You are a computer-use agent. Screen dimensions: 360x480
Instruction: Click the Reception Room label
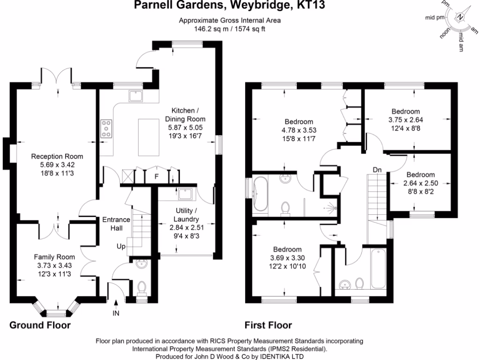(x=57, y=157)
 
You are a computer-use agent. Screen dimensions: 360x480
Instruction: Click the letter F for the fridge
(x=158, y=177)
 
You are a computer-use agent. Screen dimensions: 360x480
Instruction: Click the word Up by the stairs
(x=120, y=246)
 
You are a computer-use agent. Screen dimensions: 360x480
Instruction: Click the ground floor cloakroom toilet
(x=141, y=287)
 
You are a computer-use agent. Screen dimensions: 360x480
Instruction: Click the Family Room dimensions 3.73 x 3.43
(x=54, y=265)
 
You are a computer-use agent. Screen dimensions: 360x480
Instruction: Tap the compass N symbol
(x=460, y=17)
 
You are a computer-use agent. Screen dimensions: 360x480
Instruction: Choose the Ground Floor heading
(x=40, y=325)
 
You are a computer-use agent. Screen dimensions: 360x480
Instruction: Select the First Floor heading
(x=268, y=325)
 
